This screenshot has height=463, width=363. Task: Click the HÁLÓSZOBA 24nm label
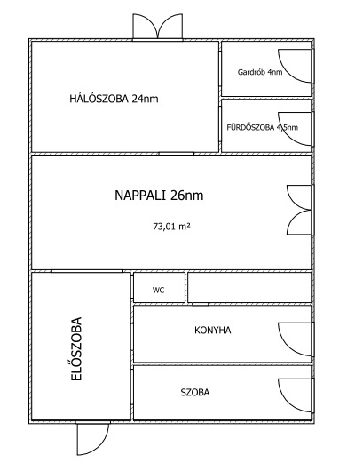(114, 99)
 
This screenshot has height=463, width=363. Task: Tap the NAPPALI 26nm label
(159, 196)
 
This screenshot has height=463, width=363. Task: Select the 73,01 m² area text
(171, 227)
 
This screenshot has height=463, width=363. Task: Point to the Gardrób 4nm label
(260, 72)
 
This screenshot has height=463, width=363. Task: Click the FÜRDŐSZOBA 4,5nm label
(263, 127)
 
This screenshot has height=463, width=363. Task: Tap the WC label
(158, 291)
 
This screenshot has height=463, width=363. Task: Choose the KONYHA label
(213, 331)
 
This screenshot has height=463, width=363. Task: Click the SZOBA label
(195, 393)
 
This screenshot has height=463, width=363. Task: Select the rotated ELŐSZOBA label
(76, 349)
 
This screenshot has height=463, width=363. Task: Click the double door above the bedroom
(158, 27)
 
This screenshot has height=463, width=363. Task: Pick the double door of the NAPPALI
(299, 210)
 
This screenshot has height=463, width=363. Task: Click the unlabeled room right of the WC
(249, 288)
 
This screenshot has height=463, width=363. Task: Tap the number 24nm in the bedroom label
(145, 99)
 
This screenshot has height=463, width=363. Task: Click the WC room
(159, 288)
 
